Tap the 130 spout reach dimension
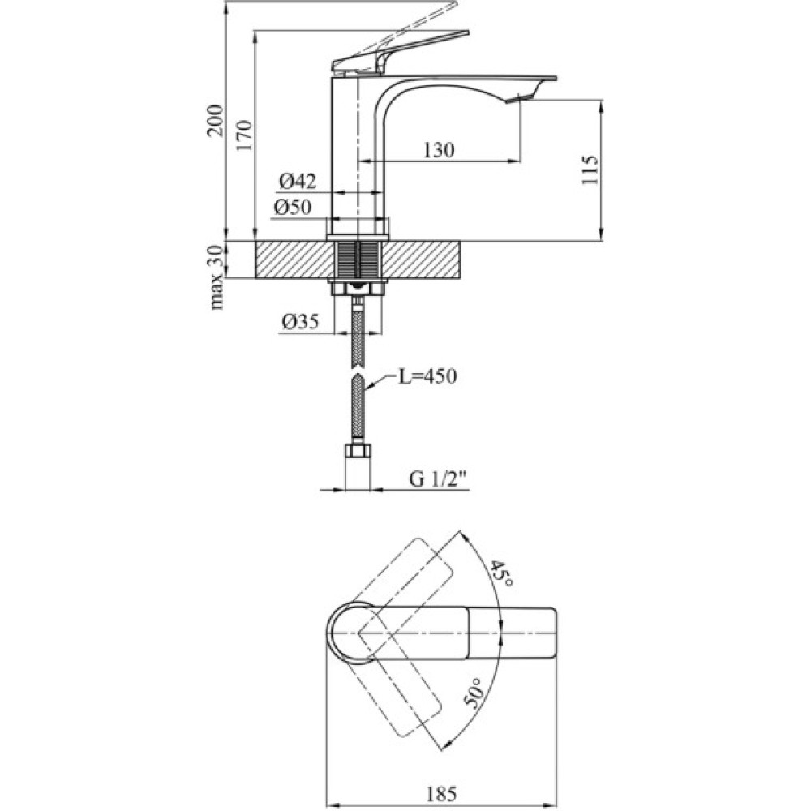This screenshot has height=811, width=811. pyautogui.click(x=438, y=150)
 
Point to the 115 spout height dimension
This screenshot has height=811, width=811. pyautogui.click(x=590, y=171)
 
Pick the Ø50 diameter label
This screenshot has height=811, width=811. pyautogui.click(x=293, y=208)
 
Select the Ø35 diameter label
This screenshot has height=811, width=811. pyautogui.click(x=299, y=323)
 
